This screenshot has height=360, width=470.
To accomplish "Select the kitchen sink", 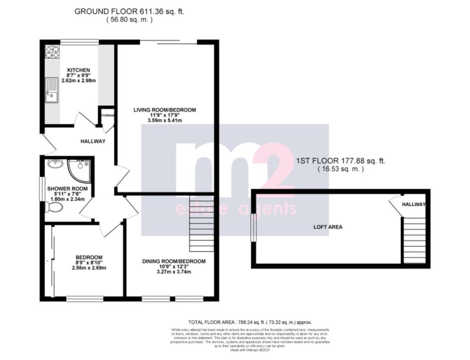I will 51,90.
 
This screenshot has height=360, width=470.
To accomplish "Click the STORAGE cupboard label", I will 107,115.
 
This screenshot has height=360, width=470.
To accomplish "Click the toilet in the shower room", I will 54,207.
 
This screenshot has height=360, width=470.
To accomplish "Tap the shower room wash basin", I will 55,164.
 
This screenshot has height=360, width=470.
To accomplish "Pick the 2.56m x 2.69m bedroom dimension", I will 89,268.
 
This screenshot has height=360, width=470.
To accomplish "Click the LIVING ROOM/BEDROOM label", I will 165,110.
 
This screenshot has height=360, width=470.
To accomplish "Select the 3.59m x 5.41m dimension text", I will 165,121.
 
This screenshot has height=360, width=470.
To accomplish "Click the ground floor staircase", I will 201,223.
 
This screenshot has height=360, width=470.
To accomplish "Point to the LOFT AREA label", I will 328,227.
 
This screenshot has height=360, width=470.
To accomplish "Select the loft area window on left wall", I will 252,228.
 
